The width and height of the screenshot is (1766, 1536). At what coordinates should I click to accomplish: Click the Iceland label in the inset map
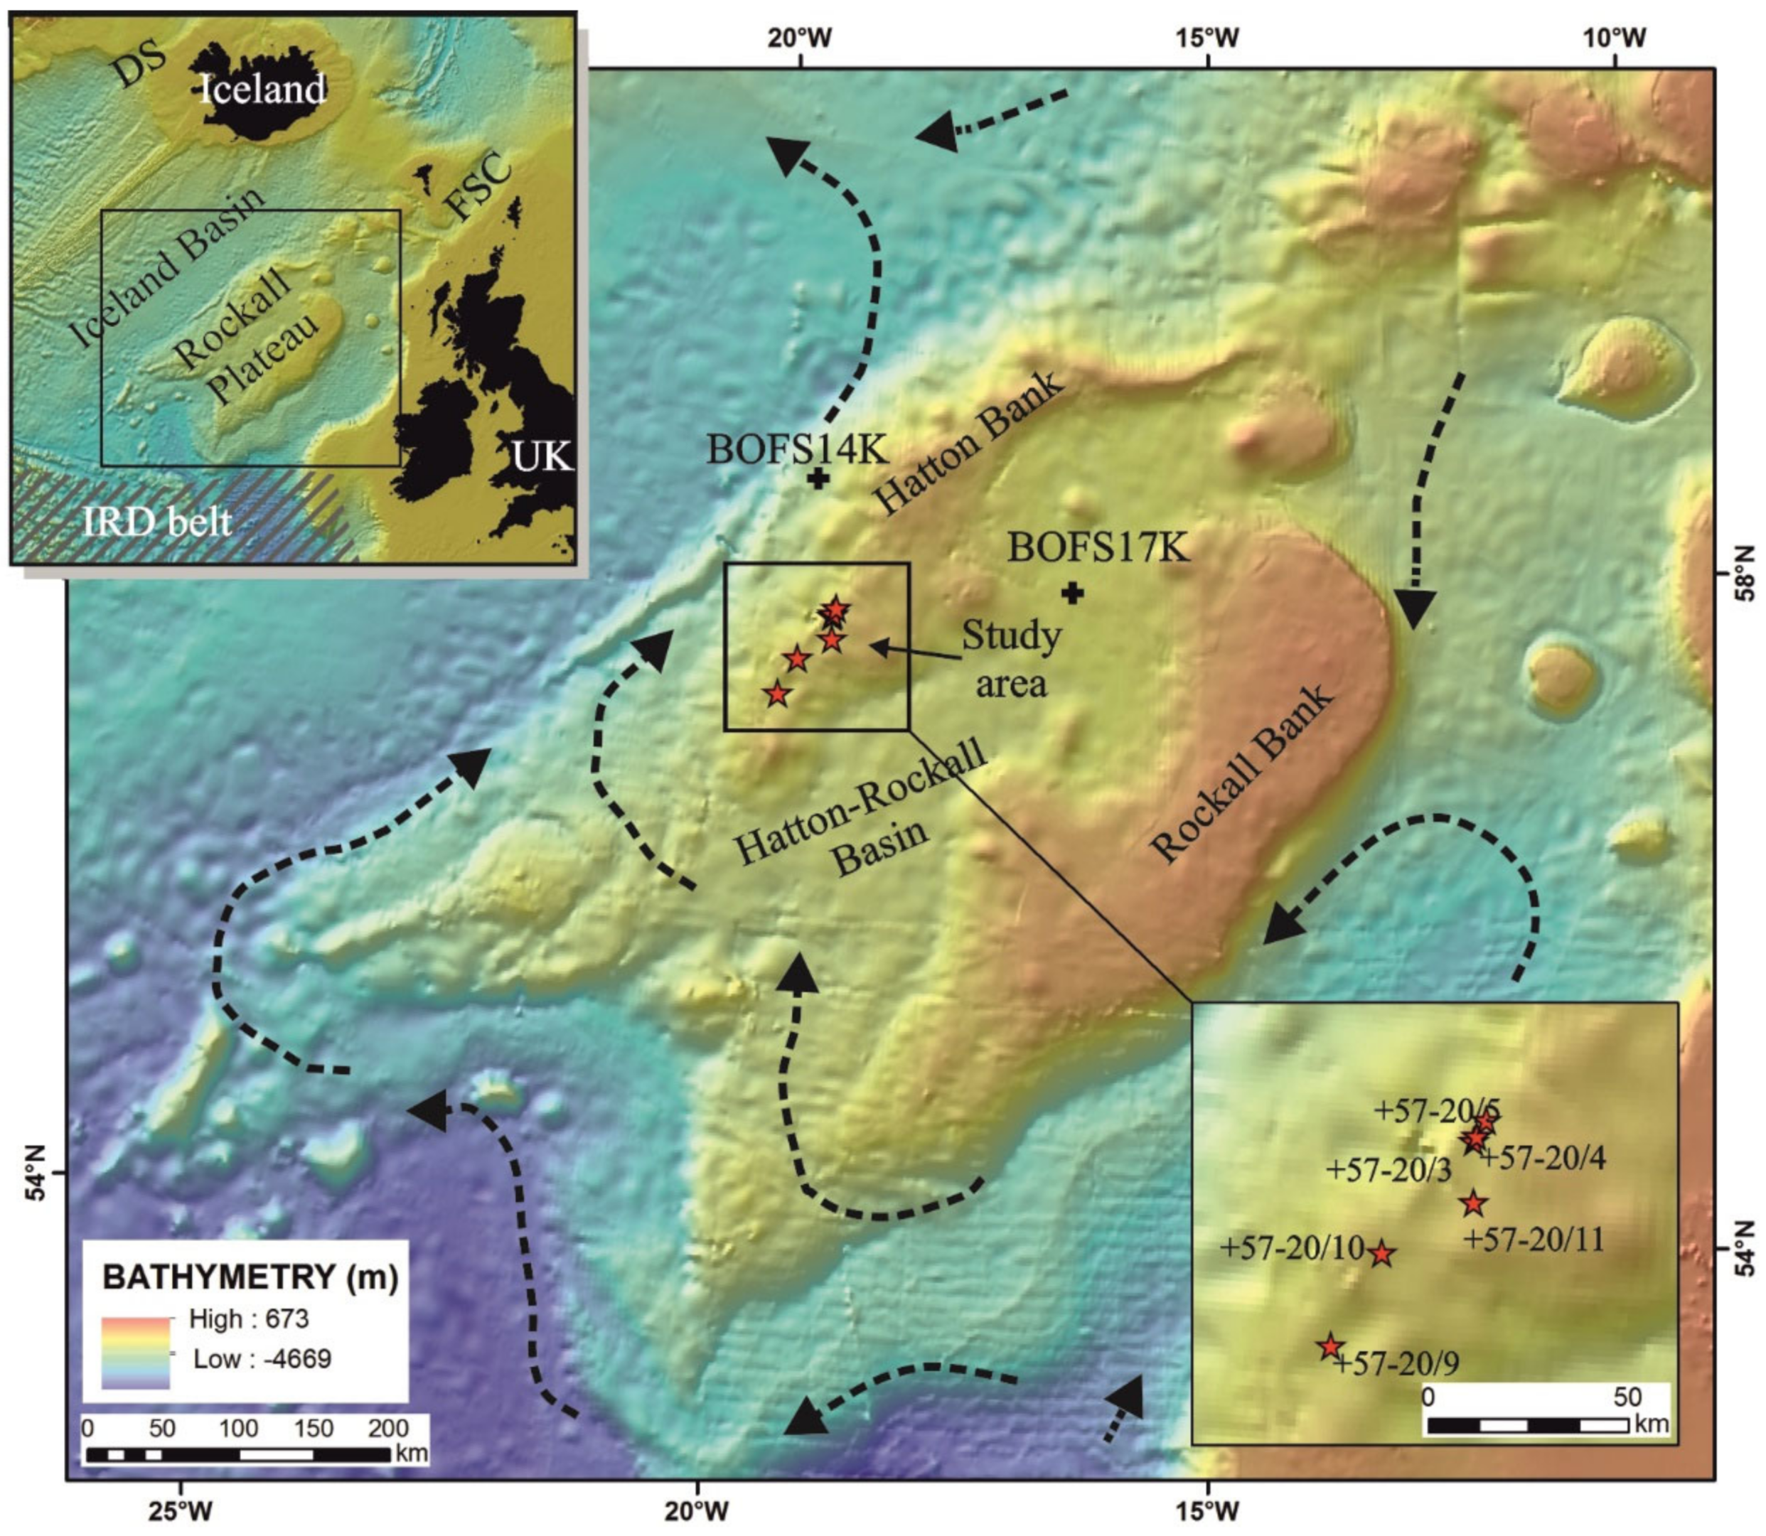pyautogui.click(x=262, y=88)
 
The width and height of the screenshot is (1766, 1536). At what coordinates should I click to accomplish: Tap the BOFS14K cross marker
pyautogui.click(x=819, y=479)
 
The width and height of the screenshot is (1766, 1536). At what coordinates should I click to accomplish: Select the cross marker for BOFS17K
pyautogui.click(x=1071, y=592)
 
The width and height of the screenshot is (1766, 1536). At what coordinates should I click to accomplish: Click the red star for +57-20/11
pyautogui.click(x=1474, y=1203)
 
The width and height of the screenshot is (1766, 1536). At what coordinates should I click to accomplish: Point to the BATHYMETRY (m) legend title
pyautogui.click(x=250, y=1277)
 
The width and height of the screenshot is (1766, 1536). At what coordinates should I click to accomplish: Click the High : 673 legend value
pyautogui.click(x=249, y=1319)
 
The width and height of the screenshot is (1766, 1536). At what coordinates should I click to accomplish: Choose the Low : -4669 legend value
pyautogui.click(x=262, y=1358)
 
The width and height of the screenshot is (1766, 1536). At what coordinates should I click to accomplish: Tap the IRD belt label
pyautogui.click(x=158, y=522)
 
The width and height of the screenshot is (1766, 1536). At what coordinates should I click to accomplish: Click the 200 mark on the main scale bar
pyautogui.click(x=388, y=1428)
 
